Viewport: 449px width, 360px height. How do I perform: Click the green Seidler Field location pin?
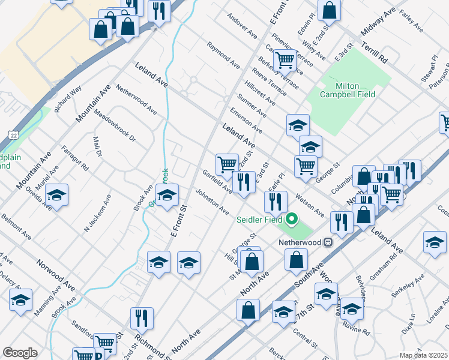[292, 218]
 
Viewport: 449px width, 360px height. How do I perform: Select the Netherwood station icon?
[328, 242]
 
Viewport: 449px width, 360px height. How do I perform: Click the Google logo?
[20, 353]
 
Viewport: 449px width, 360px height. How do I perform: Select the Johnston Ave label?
[211, 202]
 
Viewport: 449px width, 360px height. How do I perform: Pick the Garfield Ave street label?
[217, 181]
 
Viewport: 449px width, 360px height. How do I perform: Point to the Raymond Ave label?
[223, 54]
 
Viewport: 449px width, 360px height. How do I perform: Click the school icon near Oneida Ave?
[56, 195]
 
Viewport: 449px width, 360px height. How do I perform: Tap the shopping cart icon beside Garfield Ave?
[227, 163]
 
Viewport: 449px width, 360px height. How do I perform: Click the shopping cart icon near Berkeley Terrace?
[285, 59]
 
